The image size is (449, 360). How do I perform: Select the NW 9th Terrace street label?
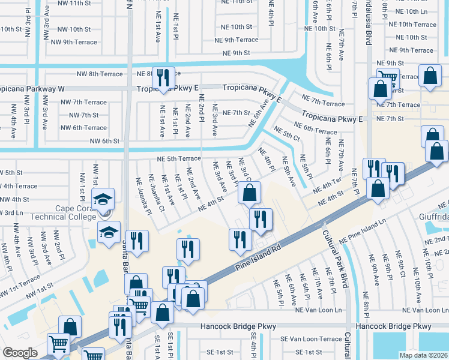coord(74,42)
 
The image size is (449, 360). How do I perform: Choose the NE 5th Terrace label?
coord(178,158)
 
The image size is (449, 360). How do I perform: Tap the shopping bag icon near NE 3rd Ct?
coord(249,193)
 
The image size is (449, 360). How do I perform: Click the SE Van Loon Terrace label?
coord(311,339)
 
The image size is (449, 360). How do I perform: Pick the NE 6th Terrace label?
coord(316,131)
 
